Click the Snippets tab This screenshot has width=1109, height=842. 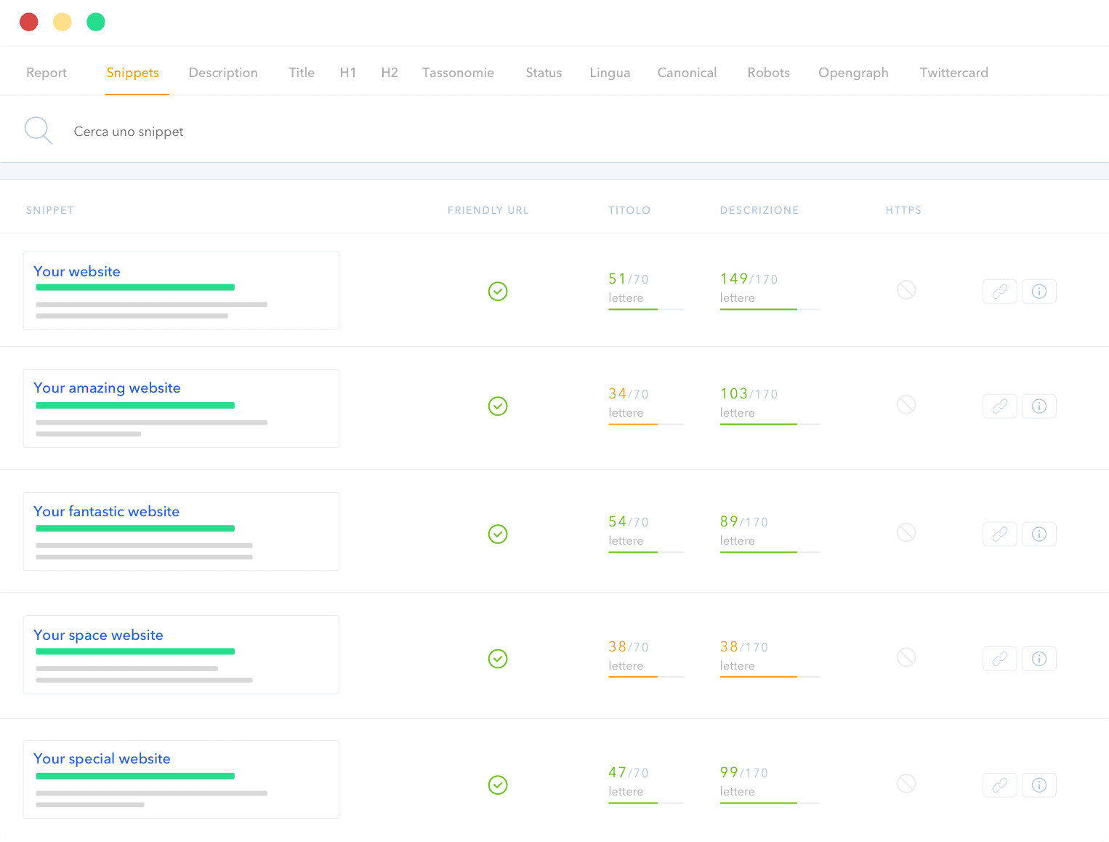pyautogui.click(x=132, y=73)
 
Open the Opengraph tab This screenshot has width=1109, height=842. pyautogui.click(x=853, y=73)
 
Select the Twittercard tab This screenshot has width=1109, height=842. pyautogui.click(x=953, y=73)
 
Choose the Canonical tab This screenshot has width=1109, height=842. pyautogui.click(x=687, y=73)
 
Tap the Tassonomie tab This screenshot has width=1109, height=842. pyautogui.click(x=458, y=73)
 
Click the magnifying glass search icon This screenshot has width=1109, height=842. pyautogui.click(x=38, y=131)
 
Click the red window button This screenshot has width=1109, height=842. pyautogui.click(x=29, y=23)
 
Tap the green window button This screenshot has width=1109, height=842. pyautogui.click(x=96, y=23)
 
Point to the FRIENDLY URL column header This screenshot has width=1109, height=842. pyautogui.click(x=488, y=210)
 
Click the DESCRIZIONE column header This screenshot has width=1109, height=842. pyautogui.click(x=759, y=210)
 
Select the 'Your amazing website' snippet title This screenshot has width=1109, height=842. pyautogui.click(x=107, y=388)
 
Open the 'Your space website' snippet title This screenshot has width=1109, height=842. pyautogui.click(x=98, y=635)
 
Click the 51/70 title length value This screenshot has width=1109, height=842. pyautogui.click(x=628, y=279)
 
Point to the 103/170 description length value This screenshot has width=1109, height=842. pyautogui.click(x=749, y=394)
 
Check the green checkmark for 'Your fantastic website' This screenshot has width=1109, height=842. pyautogui.click(x=498, y=534)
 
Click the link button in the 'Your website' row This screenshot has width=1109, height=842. pyautogui.click(x=1000, y=292)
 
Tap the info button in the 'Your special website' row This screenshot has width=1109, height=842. pyautogui.click(x=1039, y=785)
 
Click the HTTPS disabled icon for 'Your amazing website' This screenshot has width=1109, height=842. pyautogui.click(x=906, y=405)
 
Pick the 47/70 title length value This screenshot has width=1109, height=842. pyautogui.click(x=628, y=773)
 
